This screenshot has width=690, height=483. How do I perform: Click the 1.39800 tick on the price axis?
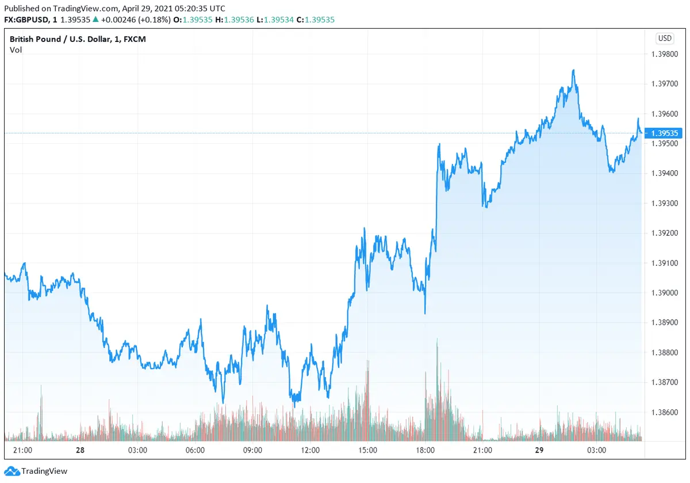click(x=665, y=54)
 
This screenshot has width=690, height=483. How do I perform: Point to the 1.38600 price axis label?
click(x=665, y=412)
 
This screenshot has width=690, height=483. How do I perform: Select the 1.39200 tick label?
click(x=665, y=233)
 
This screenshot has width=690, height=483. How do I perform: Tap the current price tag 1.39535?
click(x=665, y=133)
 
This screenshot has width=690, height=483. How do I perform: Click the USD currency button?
click(x=665, y=39)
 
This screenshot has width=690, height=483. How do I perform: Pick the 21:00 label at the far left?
click(x=22, y=450)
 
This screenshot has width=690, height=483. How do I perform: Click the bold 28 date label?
click(x=80, y=450)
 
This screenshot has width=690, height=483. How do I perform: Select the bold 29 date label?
click(x=539, y=450)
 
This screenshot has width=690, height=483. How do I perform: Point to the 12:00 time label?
click(x=310, y=450)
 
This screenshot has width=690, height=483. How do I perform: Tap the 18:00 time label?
click(x=425, y=450)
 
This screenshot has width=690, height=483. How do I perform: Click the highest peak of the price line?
click(x=573, y=70)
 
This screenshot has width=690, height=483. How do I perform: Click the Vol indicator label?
click(x=15, y=49)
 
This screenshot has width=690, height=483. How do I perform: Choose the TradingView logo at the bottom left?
click(x=37, y=471)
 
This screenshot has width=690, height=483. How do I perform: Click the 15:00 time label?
click(x=367, y=450)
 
